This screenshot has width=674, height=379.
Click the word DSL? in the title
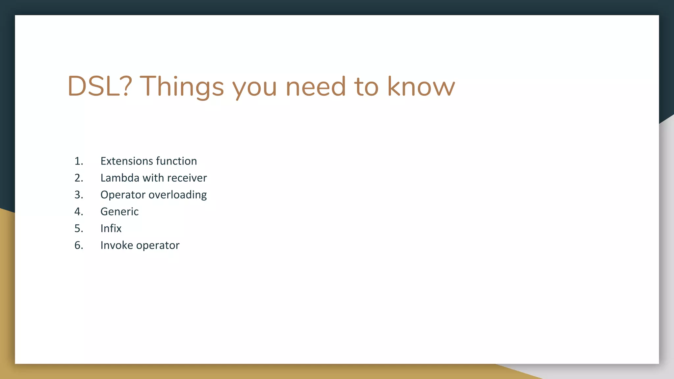tap(100, 86)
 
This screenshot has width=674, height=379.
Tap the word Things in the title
tap(182, 86)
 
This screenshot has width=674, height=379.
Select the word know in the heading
tap(421, 86)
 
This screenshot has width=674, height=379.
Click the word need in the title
tap(316, 86)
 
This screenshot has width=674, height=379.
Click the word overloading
tap(178, 195)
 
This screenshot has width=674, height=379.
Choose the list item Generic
tap(119, 212)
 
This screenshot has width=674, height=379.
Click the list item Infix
tap(111, 228)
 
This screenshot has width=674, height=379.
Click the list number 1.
tap(78, 161)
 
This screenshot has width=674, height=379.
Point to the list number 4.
tap(78, 212)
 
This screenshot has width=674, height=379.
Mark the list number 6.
tap(78, 245)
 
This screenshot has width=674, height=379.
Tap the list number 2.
tap(78, 178)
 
